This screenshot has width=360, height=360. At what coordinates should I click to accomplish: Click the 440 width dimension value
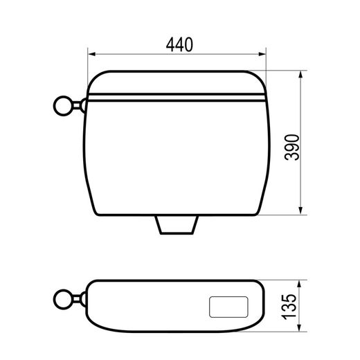[179, 44]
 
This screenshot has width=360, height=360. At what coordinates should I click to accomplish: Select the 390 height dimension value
[292, 147]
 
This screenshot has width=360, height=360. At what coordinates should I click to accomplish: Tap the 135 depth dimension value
[289, 307]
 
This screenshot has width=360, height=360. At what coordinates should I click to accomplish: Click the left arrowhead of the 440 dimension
[91, 54]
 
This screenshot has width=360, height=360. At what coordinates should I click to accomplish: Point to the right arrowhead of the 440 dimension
[262, 54]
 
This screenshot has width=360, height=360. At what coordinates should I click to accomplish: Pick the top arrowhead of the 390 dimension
[300, 75]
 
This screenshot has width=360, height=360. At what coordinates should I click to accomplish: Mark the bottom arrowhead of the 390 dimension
[300, 210]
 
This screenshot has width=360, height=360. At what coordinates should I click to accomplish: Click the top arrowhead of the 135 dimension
[299, 285]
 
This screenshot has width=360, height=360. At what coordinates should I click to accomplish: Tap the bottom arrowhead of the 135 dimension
[299, 327]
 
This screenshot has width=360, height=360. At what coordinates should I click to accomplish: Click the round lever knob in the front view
[63, 106]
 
